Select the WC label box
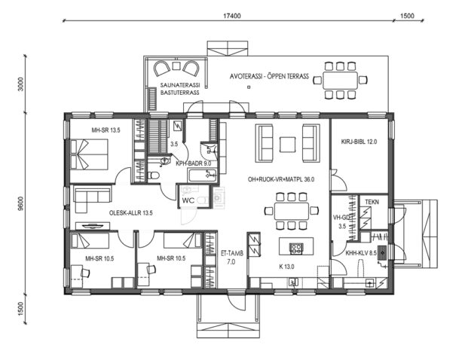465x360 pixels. coord(188,200)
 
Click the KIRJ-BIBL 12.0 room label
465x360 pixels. coord(359,142)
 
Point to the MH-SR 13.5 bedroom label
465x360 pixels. coord(106,130)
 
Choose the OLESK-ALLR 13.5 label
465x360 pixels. coord(131,213)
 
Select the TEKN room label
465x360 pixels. coord(372,203)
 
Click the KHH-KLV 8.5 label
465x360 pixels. coord(360,254)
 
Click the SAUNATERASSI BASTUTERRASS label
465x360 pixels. coord(179,90)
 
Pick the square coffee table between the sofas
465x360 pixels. coord(288,142)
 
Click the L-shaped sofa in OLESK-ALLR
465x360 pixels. coord(91,199)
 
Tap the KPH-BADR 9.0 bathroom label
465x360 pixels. coord(192,163)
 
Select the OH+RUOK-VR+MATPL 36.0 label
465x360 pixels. coord(280,180)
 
